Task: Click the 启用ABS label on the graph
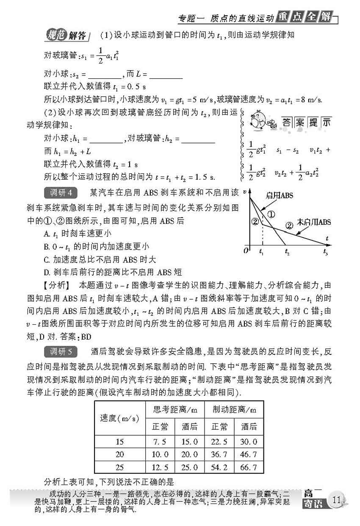click(279, 195)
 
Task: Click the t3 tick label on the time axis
click(325, 253)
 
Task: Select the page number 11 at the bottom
click(337, 500)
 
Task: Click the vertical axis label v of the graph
click(245, 192)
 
